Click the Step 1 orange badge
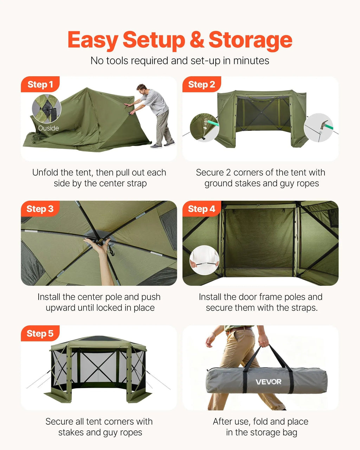40,84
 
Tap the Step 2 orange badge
202,84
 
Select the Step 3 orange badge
40,209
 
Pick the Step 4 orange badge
202,209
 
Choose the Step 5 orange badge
40,333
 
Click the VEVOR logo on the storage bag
268,382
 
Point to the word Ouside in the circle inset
48,128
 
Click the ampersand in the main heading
197,39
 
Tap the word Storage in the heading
250,41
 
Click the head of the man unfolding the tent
142,90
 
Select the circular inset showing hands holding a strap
204,260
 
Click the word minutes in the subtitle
251,60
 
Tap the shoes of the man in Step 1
162,145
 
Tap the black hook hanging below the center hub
111,251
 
